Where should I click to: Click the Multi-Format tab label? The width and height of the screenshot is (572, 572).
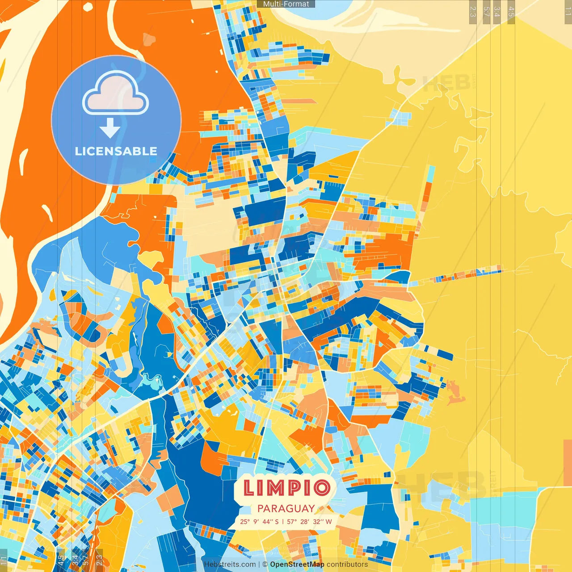[x=286, y=4]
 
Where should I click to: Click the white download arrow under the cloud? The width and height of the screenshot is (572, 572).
[x=110, y=128]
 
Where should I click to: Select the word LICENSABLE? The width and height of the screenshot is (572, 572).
[x=116, y=151]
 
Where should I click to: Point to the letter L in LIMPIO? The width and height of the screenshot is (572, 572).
[x=248, y=488]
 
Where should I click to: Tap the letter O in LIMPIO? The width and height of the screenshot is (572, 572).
[x=322, y=488]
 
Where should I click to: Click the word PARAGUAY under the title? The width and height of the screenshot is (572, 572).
[x=286, y=509]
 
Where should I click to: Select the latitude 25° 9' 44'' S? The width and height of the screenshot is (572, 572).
[x=259, y=522]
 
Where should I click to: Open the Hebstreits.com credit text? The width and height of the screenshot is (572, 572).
[x=230, y=564]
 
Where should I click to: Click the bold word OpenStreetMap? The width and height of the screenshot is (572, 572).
[x=297, y=564]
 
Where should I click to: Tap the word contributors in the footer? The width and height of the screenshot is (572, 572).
[x=347, y=564]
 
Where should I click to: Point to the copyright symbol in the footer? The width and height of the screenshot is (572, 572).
[x=265, y=564]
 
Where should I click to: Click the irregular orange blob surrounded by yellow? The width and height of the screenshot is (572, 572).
[x=455, y=391]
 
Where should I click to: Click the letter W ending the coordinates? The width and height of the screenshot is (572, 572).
[x=329, y=522]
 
